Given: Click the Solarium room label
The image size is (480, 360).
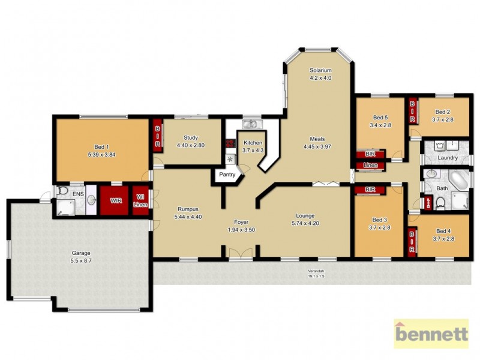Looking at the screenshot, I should pos(320,70).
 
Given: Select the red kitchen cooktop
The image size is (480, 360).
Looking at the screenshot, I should pos(230,144).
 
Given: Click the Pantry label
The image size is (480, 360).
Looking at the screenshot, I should pos(227,176).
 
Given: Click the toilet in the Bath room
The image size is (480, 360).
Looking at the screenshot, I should pos(440,204).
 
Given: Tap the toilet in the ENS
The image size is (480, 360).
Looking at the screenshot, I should pos(63,192).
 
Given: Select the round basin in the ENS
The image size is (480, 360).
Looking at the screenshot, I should pos(91,200).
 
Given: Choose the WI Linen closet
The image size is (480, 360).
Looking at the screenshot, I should pos(139,200).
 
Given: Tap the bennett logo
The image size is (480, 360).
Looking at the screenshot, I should pos(431,334).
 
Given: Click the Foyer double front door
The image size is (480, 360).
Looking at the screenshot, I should pos(241,253).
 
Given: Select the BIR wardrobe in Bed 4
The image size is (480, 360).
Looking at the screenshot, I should pos(412,242).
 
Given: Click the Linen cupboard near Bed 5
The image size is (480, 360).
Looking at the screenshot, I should pos(371,164).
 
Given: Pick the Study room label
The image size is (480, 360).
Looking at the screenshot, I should pos(191,137).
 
